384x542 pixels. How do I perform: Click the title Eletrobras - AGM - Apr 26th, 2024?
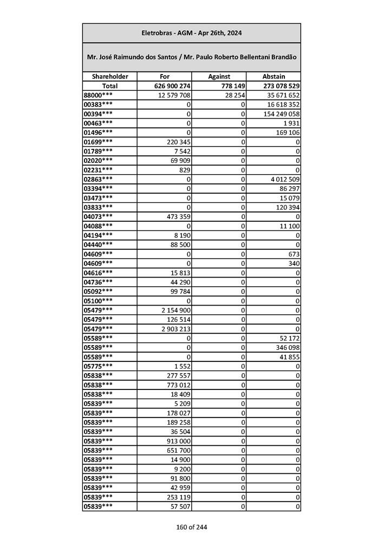click(191, 33)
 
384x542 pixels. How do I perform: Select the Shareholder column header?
click(109, 77)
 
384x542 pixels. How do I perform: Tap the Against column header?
click(219, 77)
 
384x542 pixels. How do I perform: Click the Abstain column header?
click(274, 77)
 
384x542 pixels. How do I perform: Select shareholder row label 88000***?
click(98, 95)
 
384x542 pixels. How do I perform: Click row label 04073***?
click(98, 216)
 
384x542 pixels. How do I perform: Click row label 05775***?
click(98, 366)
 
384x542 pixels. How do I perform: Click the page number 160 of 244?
click(191, 527)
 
